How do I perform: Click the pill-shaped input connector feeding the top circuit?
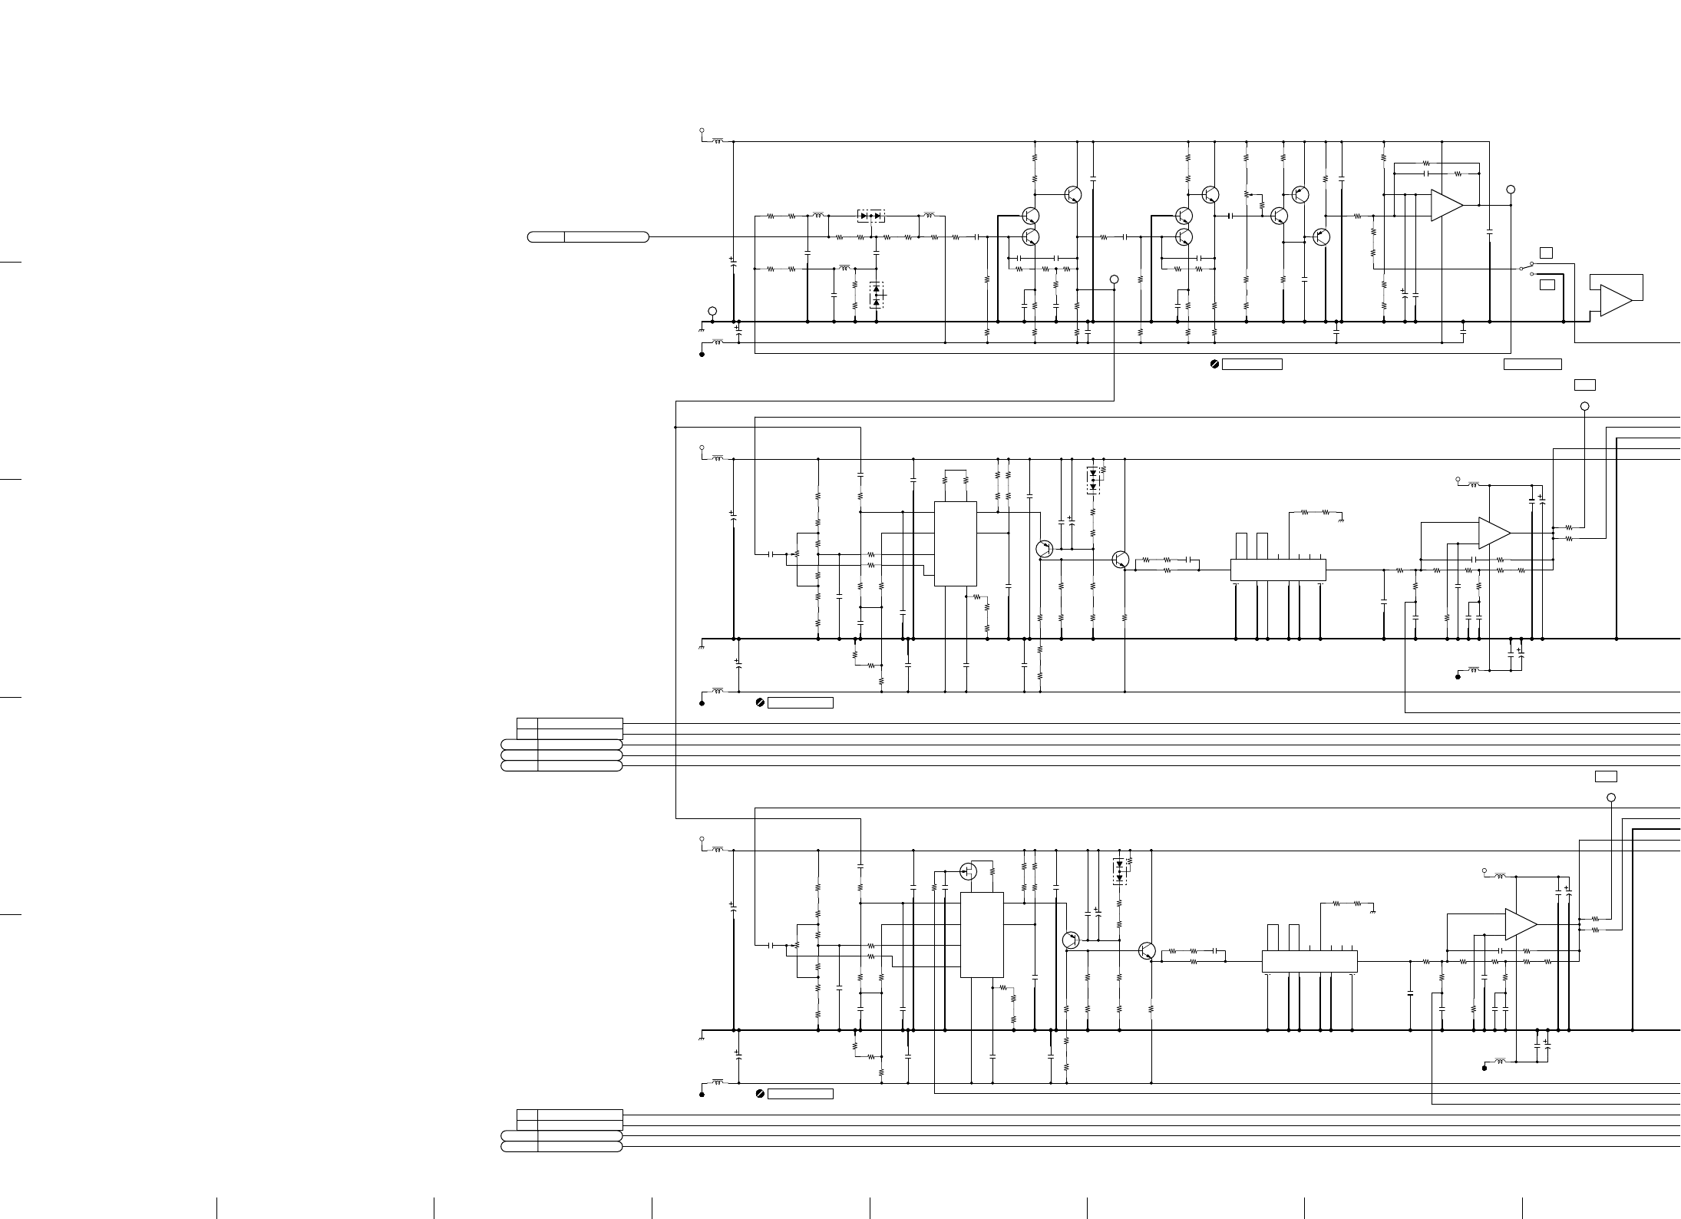tap(588, 236)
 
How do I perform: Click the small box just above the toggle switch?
tap(1547, 253)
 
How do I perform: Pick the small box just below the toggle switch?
tap(1547, 285)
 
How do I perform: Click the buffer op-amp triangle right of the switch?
tap(1615, 300)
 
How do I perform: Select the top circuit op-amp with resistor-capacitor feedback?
tap(1446, 205)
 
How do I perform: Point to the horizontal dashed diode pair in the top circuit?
tap(870, 216)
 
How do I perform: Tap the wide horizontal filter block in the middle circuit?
tap(1278, 570)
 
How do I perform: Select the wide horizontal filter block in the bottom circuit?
tap(1309, 961)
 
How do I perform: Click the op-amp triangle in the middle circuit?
tap(1494, 533)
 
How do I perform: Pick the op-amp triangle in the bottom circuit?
tap(1520, 924)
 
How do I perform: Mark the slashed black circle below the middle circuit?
tap(760, 702)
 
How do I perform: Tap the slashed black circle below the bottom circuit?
tap(760, 1093)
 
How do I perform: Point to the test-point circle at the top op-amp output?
tap(1511, 189)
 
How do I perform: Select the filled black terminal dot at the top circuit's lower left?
tap(702, 355)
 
